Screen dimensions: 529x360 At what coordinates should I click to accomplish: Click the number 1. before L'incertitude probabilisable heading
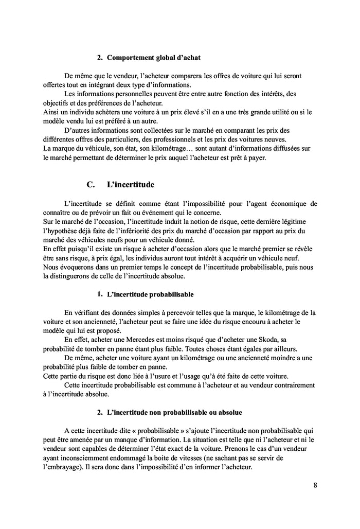(x=101, y=294)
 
